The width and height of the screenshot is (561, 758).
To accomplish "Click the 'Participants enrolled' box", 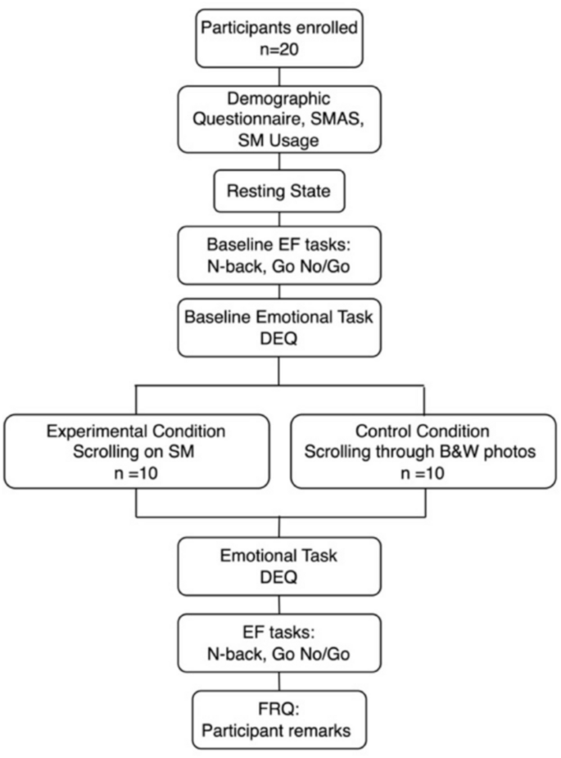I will click(x=278, y=37).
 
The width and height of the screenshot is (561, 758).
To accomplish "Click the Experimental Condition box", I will click(x=136, y=451).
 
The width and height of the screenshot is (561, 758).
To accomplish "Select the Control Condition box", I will click(x=424, y=451).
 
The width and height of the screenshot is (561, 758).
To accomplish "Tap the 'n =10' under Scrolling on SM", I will click(x=136, y=472).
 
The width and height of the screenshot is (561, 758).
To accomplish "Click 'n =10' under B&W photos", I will click(x=424, y=472).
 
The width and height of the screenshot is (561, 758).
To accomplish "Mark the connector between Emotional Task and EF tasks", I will click(x=278, y=607).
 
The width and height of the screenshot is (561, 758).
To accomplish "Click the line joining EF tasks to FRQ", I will click(x=278, y=680).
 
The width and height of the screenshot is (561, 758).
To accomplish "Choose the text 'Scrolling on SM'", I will click(x=136, y=451).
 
